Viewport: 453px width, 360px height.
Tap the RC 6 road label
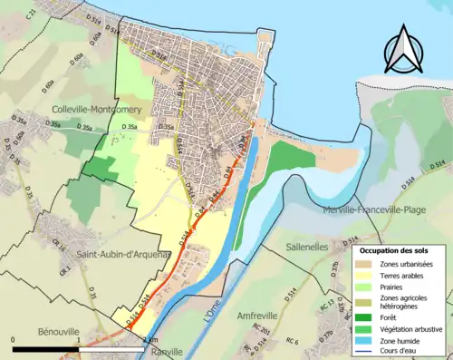(292, 342)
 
